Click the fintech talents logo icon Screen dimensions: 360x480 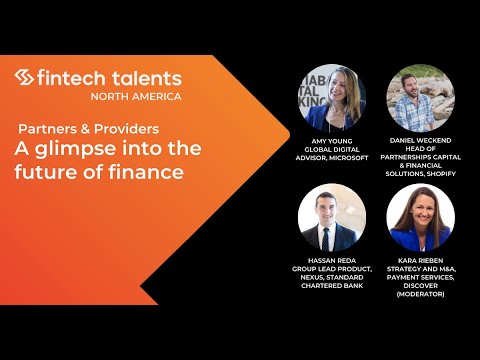[x=26, y=77]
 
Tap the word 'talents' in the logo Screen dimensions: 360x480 [x=146, y=77]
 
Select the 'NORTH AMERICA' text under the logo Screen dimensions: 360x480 [x=136, y=96]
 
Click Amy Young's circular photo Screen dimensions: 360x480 [x=331, y=97]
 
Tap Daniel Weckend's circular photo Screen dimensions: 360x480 [x=421, y=97]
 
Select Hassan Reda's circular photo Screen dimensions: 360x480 [x=331, y=217]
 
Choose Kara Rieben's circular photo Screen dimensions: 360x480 [x=421, y=217]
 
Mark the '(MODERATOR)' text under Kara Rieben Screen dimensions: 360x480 [x=421, y=295]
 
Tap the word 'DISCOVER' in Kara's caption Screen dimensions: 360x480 [x=421, y=286]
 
